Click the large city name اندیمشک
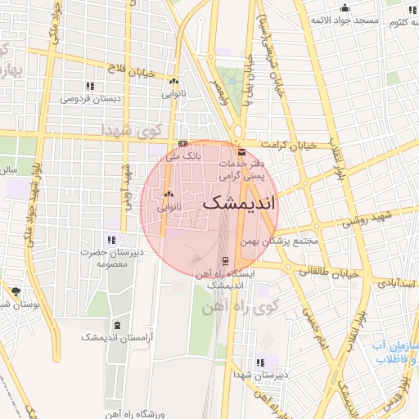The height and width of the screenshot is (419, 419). click(x=239, y=203)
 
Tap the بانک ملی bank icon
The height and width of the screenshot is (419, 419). click(x=182, y=142)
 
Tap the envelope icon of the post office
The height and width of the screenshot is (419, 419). click(x=241, y=151)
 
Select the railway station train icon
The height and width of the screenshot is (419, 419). click(x=203, y=261)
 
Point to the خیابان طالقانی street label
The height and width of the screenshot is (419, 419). click(x=329, y=271)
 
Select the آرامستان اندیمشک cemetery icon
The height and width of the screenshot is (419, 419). click(x=115, y=326)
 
